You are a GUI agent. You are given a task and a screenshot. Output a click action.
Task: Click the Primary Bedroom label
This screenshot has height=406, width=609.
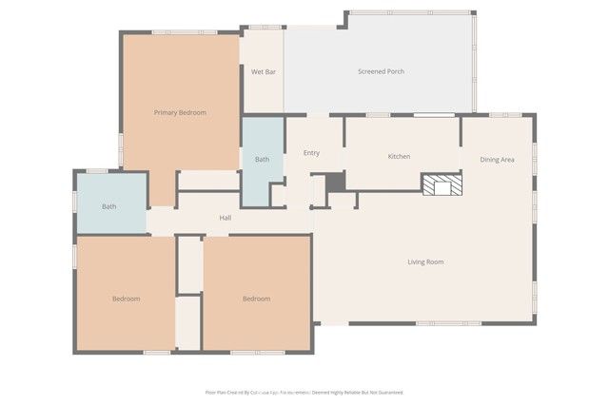tap(180, 112)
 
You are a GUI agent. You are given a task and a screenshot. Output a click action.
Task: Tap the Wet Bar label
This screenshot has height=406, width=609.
tap(264, 72)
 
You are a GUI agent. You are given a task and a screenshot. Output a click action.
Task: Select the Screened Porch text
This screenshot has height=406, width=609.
tap(381, 72)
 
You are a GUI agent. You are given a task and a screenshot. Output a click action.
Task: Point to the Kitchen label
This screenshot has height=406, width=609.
tap(399, 156)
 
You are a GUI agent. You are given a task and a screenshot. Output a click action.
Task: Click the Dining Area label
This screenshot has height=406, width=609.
tap(497, 160)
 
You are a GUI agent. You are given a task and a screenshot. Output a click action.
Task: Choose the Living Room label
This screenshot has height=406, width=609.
tap(425, 261)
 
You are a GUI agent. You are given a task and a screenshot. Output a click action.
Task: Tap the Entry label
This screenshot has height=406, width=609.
tap(311, 153)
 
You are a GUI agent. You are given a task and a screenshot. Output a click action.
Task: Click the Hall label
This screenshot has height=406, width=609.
tap(226, 218)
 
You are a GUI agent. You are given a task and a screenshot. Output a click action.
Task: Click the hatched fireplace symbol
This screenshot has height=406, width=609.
tap(442, 184)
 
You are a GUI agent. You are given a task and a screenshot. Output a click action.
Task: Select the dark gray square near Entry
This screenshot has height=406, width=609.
tap(335, 183)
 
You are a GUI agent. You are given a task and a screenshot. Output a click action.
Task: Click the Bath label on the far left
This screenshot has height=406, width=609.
tap(109, 206)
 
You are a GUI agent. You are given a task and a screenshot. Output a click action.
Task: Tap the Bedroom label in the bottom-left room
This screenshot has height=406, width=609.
tap(126, 299)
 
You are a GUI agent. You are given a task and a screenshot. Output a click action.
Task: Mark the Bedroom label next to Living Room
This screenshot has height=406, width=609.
tap(256, 299)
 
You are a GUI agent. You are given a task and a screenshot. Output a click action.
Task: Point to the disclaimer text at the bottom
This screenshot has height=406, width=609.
tap(304, 392)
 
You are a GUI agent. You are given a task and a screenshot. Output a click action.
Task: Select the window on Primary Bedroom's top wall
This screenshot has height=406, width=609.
tap(184, 32)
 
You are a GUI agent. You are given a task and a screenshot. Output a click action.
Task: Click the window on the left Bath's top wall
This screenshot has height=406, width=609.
tap(97, 171)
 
